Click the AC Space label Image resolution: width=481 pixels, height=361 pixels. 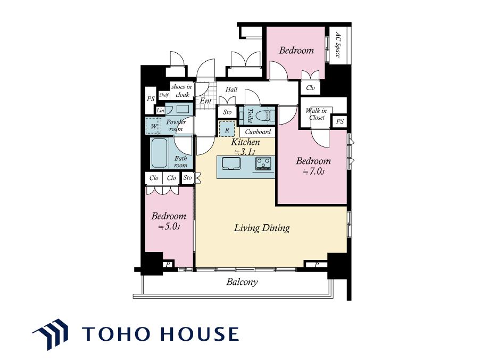pyautogui.click(x=338, y=45)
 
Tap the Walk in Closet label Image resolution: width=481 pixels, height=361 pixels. pyautogui.click(x=317, y=114)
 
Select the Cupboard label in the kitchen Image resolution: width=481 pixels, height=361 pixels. pyautogui.click(x=258, y=132)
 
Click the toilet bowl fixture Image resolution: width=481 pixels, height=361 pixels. pyautogui.click(x=265, y=116)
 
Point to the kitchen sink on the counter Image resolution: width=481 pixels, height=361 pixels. pyautogui.click(x=231, y=163)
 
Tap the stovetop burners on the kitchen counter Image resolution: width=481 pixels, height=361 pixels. pyautogui.click(x=263, y=163)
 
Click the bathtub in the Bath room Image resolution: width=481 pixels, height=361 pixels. pyautogui.click(x=160, y=153)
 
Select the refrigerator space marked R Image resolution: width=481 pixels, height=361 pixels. pyautogui.click(x=227, y=129)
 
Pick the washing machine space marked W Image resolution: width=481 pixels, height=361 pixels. pyautogui.click(x=153, y=126)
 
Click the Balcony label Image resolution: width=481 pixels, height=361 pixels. pyautogui.click(x=242, y=282)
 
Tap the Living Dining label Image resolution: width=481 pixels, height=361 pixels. pyautogui.click(x=262, y=228)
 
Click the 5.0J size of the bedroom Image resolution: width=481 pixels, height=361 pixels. pyautogui.click(x=169, y=227)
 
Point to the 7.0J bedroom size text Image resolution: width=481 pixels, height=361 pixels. pyautogui.click(x=313, y=171)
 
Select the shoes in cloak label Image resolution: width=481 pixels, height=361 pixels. pyautogui.click(x=181, y=91)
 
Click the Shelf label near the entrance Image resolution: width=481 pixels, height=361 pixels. pyautogui.click(x=164, y=95)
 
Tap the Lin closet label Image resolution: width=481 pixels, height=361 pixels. pyautogui.click(x=161, y=111)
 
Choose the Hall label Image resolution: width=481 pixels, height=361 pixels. pyautogui.click(x=231, y=89)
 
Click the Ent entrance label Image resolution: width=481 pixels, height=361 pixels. pyautogui.click(x=206, y=101)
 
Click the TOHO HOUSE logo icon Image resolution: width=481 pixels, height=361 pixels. pyautogui.click(x=51, y=334)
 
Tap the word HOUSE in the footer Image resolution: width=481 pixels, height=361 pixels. pyautogui.click(x=199, y=334)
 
